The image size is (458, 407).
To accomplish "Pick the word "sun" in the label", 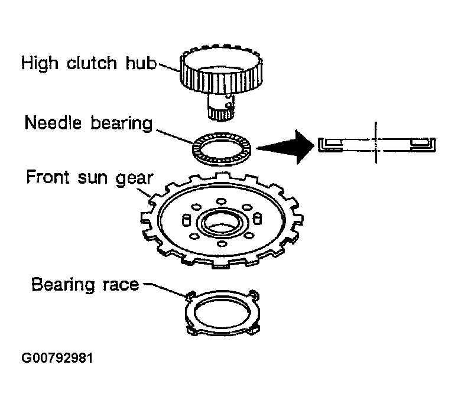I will [x=91, y=177].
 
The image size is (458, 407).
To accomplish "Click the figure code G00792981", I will [x=57, y=359].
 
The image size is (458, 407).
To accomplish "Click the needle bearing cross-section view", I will [x=376, y=144].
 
